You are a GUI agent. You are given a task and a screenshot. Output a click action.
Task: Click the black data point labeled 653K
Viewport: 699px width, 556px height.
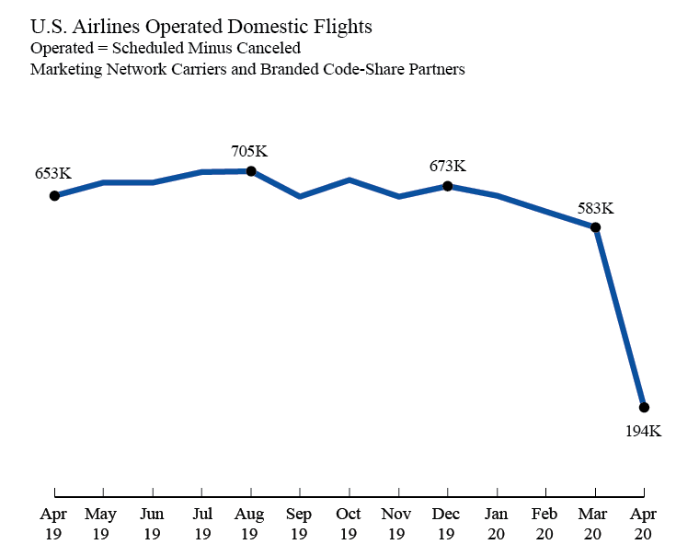(x=54, y=195)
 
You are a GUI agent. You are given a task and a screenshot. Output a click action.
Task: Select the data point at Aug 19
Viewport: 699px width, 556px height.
(x=250, y=170)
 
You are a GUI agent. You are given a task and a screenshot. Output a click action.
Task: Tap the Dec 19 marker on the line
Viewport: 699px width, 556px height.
(x=447, y=186)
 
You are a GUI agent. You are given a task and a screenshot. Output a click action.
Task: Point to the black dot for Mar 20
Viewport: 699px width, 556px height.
(x=595, y=226)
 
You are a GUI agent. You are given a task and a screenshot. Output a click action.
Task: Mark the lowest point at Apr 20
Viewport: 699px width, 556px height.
(x=644, y=407)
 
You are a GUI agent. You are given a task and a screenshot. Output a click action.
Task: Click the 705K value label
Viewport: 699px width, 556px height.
(x=249, y=151)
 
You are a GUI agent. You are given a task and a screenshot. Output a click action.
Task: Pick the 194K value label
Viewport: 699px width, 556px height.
(x=643, y=431)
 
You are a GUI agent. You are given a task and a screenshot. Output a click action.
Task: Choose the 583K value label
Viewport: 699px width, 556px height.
(x=595, y=208)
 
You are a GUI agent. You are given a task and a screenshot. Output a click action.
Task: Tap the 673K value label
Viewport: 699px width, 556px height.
(x=447, y=167)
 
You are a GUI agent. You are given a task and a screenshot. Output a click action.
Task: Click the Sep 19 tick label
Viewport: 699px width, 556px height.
(x=299, y=523)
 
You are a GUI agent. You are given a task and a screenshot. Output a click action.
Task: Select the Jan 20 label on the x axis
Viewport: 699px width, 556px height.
(x=497, y=523)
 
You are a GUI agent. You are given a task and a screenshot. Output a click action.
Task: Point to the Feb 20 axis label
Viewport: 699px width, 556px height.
(x=545, y=523)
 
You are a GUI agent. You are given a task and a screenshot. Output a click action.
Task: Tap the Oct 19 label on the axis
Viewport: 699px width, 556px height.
(x=349, y=523)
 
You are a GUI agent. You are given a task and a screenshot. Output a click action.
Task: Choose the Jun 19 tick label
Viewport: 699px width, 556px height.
(x=152, y=523)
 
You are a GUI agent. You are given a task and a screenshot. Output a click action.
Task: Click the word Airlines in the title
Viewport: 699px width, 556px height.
(x=99, y=25)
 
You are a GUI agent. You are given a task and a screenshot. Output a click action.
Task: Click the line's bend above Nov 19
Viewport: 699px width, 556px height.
(x=398, y=196)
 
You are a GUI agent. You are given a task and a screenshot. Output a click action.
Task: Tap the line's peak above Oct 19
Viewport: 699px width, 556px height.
(x=349, y=180)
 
